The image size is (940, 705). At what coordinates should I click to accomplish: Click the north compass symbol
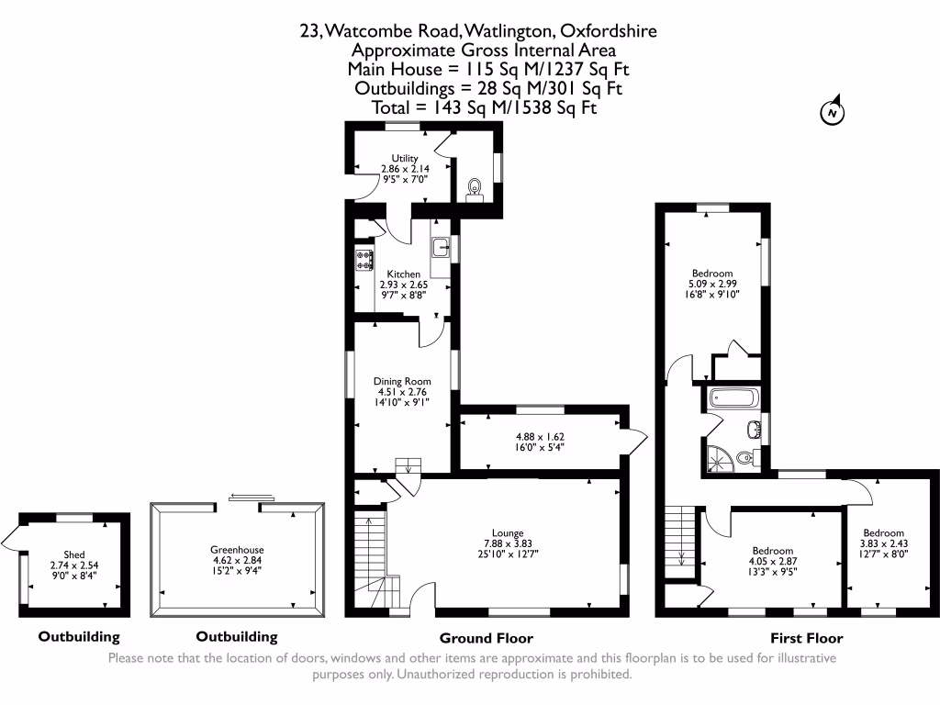point(832,112)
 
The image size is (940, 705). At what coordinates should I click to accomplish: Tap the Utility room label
point(405,159)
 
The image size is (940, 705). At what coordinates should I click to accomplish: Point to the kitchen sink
point(441,245)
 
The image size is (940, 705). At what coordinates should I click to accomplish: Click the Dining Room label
point(401,381)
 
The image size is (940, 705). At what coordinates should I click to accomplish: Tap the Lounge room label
point(507,533)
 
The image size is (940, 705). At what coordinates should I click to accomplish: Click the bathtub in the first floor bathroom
point(732,399)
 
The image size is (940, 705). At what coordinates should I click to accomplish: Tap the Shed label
point(73,554)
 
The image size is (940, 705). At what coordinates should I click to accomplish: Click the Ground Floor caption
point(486,638)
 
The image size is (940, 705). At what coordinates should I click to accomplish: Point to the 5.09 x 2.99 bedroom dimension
point(712,284)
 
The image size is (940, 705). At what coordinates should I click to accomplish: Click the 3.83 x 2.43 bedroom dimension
point(881,544)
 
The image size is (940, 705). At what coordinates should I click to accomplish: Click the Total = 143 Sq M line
point(484,108)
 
